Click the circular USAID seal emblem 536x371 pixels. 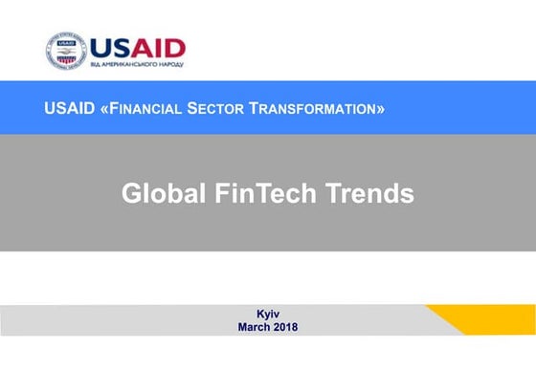[66, 51]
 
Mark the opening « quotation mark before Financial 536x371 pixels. [104, 108]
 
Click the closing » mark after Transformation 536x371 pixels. [381, 108]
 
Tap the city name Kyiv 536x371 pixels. [268, 314]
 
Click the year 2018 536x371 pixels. [285, 327]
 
